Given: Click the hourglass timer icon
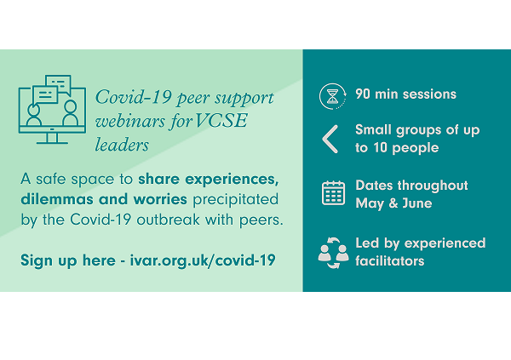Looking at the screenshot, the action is coord(332,96).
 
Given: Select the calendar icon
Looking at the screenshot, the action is coord(333,193).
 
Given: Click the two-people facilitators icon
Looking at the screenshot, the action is coord(333,253).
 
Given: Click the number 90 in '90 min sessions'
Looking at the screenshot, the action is coord(363,94).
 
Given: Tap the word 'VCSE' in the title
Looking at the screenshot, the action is coord(221,121).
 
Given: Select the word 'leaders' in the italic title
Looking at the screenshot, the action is coord(122,145).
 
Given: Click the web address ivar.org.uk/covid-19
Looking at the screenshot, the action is coord(203,260).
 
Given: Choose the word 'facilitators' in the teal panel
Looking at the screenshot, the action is coord(390,260).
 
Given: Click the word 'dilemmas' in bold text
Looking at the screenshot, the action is coord(57,199).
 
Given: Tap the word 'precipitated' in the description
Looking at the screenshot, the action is coord(236,200).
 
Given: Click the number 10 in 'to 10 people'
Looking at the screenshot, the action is coord(380,148).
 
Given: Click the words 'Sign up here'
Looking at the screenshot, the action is coord(68,260).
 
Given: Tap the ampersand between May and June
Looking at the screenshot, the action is coord(393,203).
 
